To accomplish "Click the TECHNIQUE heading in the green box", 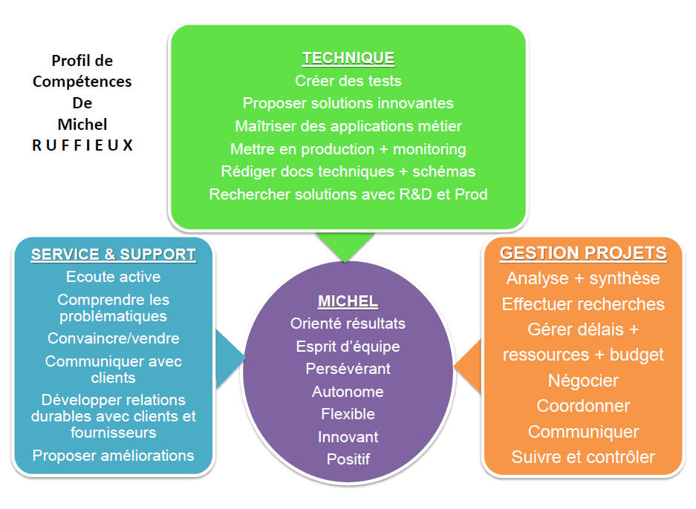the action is [x=348, y=58].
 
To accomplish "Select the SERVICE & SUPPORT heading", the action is [x=113, y=254].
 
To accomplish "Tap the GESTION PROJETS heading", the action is [x=583, y=253].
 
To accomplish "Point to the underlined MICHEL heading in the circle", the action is [x=348, y=301].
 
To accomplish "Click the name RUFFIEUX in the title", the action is [x=82, y=145].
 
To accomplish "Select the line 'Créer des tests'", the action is [x=348, y=81].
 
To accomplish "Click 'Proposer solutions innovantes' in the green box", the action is [x=348, y=103].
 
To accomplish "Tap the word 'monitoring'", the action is [x=429, y=149].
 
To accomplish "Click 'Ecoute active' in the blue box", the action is [x=113, y=277].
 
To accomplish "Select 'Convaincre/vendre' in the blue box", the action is [x=113, y=338].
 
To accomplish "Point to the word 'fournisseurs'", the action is [x=113, y=433].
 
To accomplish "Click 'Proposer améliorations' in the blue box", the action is [x=113, y=456].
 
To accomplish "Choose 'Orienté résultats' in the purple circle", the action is [x=348, y=324].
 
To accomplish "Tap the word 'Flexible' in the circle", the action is [x=348, y=414].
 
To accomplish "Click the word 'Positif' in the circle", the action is [x=348, y=459].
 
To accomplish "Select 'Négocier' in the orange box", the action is [x=583, y=381].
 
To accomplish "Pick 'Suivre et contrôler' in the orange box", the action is [x=583, y=457].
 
